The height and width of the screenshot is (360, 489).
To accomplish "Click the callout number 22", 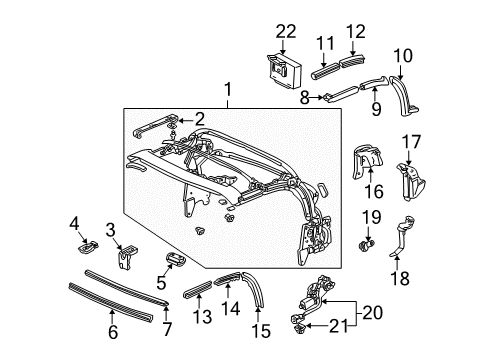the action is pos(286,32).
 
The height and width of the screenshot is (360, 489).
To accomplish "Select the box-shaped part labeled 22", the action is pos(284,71).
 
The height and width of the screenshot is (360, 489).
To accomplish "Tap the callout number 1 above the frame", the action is pos(228,90).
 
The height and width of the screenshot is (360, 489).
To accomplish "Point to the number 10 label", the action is pos(403,56).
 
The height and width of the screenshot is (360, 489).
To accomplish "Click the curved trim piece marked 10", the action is pos(404,95).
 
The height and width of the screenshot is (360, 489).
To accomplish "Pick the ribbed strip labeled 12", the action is pos(353,60).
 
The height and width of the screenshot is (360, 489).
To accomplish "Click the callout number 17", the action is pos(411,142).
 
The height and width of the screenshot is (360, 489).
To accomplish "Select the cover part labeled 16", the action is pos(367,161).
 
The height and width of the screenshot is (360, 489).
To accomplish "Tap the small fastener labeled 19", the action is pos(367,246).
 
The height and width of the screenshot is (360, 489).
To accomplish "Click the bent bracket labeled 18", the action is pos(402,237).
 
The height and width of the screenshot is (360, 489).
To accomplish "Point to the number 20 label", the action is pos(373,313).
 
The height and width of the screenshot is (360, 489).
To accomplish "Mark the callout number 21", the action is pos(339,326).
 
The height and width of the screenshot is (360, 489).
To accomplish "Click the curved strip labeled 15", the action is pos(256,288).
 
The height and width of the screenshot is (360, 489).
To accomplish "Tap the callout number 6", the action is pos(113,332).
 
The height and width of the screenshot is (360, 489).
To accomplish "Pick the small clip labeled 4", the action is pos(88,247).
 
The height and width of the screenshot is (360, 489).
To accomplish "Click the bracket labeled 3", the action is pos(127,257).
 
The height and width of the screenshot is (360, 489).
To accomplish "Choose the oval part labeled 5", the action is pos(176,259).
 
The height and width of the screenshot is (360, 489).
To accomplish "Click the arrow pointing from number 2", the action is pos(185,120).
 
